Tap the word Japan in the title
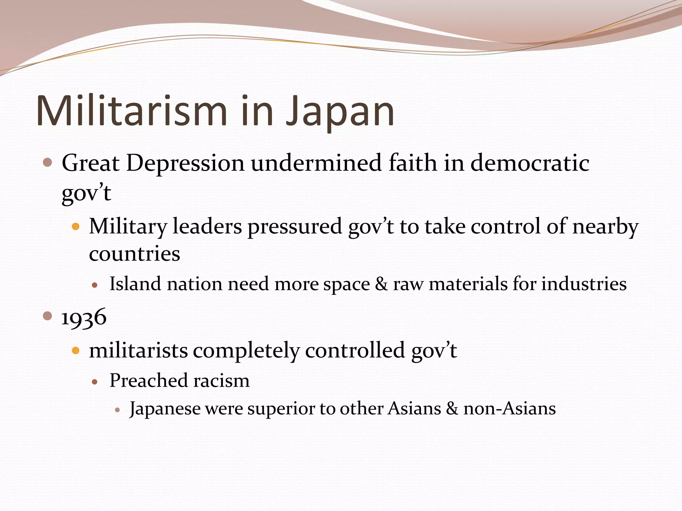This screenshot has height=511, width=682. pos(340,111)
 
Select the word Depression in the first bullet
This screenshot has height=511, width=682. pos(185,164)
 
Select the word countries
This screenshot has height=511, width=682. pos(135,254)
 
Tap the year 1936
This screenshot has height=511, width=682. pos(84,317)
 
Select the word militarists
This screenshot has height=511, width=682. pos(138,351)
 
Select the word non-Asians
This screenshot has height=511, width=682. pos(510,409)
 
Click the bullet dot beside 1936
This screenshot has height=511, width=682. pos(48,316)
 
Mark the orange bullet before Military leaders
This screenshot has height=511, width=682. pos(76,227)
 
